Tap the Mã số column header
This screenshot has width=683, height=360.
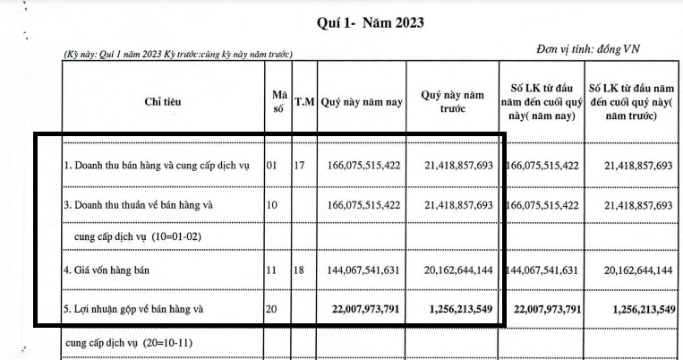(x=278, y=102)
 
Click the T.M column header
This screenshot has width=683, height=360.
(x=304, y=102)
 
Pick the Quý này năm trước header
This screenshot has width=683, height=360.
(x=452, y=102)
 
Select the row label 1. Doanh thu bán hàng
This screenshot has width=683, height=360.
(x=156, y=167)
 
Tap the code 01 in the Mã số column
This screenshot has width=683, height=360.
(x=273, y=167)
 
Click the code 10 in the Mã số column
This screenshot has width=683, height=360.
(x=273, y=205)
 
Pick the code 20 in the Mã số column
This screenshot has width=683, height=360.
(x=273, y=310)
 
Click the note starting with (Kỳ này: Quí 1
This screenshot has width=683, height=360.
(x=178, y=55)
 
